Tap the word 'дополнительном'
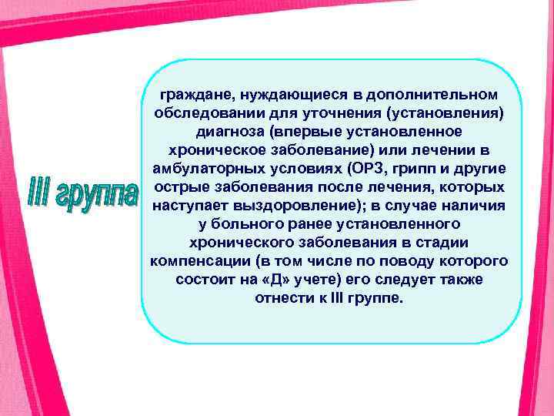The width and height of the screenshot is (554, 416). tap(436, 95)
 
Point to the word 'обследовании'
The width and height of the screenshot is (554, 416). tap(201, 113)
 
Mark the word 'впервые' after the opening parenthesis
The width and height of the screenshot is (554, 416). tap(296, 132)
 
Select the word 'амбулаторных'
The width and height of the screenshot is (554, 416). tap(201, 169)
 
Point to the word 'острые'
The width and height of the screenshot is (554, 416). tap(178, 187)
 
